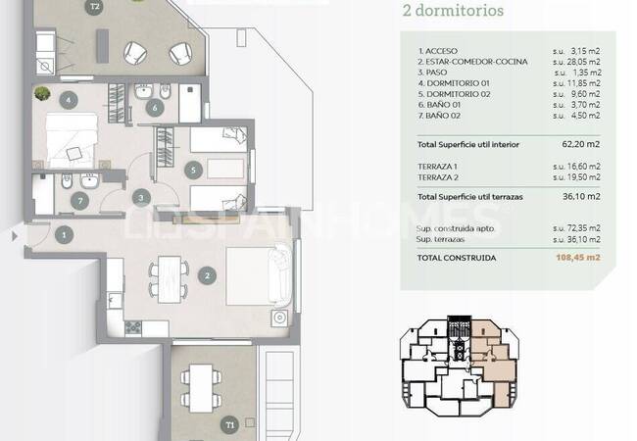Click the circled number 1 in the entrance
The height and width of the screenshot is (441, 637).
64,235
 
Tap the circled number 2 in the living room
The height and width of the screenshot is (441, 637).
207,276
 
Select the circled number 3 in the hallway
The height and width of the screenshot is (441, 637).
141,198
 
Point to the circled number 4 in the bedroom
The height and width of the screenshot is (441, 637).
69,100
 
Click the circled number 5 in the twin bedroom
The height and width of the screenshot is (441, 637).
193,170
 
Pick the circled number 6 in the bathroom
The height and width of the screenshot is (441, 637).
155,108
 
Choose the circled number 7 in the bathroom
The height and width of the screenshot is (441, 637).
79,201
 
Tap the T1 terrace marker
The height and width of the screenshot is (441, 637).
230,425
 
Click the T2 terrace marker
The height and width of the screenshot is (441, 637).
95,7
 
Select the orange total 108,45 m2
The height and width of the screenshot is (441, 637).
577,257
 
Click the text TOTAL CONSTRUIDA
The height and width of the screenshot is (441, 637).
457,258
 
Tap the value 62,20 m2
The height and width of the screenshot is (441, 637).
581,144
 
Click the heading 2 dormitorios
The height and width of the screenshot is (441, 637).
453,10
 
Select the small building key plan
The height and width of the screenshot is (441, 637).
459,366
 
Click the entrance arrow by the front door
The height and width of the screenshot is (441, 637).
15,236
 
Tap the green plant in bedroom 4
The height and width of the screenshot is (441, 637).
42,93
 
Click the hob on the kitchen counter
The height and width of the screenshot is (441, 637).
133,327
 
